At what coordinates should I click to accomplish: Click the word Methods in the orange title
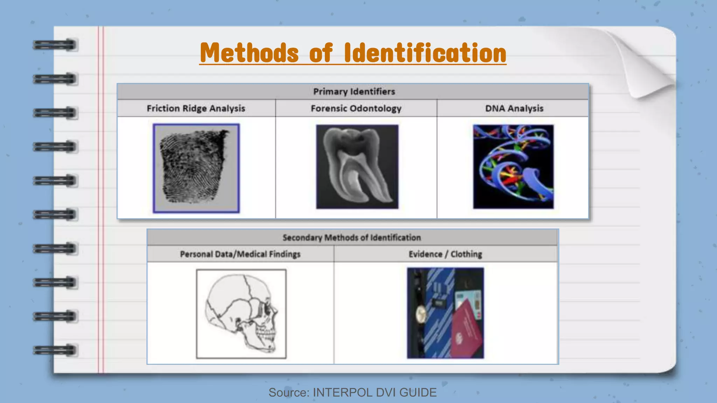pyautogui.click(x=249, y=53)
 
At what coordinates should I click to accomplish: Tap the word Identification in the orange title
pyautogui.click(x=425, y=53)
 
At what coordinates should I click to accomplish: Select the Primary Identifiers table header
pyautogui.click(x=354, y=92)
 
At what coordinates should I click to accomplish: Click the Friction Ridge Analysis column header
pyautogui.click(x=196, y=108)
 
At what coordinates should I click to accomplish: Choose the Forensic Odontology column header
pyautogui.click(x=356, y=108)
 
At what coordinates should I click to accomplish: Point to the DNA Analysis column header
pyautogui.click(x=514, y=108)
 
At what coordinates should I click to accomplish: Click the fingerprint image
pyautogui.click(x=196, y=168)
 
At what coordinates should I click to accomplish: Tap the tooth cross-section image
pyautogui.click(x=357, y=167)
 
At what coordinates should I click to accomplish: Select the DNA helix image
pyautogui.click(x=513, y=167)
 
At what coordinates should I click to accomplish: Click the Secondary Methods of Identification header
pyautogui.click(x=351, y=238)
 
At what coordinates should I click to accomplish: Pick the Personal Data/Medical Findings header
pyautogui.click(x=240, y=254)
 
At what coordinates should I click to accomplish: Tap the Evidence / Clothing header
pyautogui.click(x=445, y=254)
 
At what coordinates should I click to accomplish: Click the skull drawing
pyautogui.click(x=241, y=314)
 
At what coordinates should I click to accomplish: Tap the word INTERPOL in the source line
pyautogui.click(x=342, y=393)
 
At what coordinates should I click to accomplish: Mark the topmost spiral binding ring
pyautogui.click(x=55, y=45)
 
